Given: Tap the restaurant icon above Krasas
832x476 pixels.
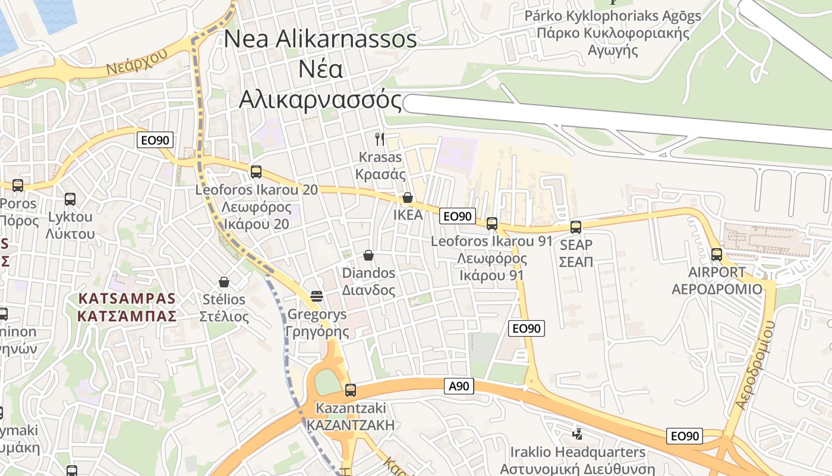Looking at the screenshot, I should [x=380, y=139].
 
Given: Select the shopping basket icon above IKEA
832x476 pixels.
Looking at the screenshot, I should [x=408, y=197].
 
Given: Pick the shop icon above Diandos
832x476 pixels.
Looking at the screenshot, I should [x=368, y=255].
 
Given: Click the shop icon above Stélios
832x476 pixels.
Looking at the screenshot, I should [x=224, y=281].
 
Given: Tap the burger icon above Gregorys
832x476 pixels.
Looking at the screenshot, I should [x=316, y=296].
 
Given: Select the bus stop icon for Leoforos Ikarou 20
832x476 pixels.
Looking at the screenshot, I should [x=256, y=171].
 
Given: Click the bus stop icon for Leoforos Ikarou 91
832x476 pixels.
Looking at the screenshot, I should [x=491, y=224].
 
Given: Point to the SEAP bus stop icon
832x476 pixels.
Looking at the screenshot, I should [x=575, y=227].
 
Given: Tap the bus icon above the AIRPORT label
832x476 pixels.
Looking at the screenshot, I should [x=717, y=255].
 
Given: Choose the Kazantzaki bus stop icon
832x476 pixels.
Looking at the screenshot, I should [x=351, y=390].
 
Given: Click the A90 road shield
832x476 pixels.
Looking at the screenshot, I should [x=459, y=386].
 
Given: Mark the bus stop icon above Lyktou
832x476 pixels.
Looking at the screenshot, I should [x=70, y=199].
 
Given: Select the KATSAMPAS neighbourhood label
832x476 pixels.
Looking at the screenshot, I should [x=127, y=306].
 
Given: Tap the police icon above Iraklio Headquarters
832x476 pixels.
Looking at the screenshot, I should [x=577, y=434].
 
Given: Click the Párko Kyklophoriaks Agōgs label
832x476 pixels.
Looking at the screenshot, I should [x=613, y=16].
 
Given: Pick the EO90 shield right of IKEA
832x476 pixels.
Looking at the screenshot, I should [x=458, y=216].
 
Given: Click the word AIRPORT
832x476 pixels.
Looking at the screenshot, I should [x=717, y=273].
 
